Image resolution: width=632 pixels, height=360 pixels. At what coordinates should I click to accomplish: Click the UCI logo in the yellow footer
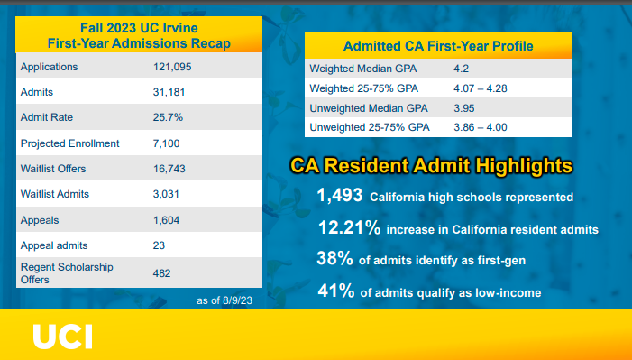click(62, 336)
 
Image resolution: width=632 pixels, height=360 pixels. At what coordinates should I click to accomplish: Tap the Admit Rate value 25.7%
click(168, 118)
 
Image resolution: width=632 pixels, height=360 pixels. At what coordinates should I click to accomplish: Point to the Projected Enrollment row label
click(69, 143)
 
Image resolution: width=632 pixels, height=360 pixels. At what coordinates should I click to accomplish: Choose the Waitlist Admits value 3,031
click(168, 194)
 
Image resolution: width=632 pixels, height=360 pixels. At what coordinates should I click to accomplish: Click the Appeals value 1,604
click(168, 219)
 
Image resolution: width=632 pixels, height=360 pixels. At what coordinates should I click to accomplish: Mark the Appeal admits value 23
click(160, 245)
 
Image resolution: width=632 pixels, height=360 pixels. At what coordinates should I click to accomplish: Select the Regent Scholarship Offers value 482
click(163, 272)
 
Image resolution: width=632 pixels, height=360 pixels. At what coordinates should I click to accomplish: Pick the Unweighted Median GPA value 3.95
click(463, 108)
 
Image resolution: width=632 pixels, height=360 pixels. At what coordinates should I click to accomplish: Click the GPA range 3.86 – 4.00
click(481, 128)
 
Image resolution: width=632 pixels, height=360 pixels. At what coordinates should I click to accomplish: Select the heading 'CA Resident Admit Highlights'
click(430, 166)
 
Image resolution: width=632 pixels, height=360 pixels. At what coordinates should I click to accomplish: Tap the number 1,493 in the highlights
click(339, 196)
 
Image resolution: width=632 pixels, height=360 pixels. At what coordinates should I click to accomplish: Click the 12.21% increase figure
click(348, 228)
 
